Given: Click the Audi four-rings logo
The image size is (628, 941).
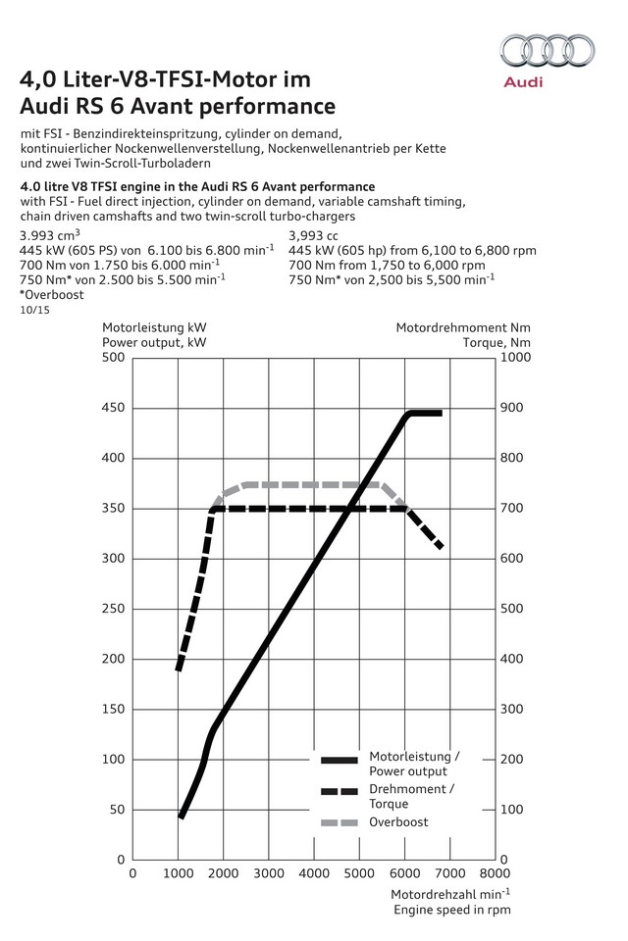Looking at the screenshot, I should tap(546, 51).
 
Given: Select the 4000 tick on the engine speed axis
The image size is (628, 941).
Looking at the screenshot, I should tap(313, 872).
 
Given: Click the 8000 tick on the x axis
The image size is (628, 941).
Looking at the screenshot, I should tap(495, 872).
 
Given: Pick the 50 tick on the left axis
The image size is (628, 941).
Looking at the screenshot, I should tap(119, 810).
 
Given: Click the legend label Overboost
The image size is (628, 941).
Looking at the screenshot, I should tap(398, 822).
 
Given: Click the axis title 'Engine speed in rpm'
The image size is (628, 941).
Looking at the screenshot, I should tap(452, 910).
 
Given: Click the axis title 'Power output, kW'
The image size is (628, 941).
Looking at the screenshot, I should tap(154, 342).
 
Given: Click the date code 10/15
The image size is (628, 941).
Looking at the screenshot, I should tap(34, 310).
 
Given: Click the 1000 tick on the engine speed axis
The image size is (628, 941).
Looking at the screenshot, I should tap(178, 872).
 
